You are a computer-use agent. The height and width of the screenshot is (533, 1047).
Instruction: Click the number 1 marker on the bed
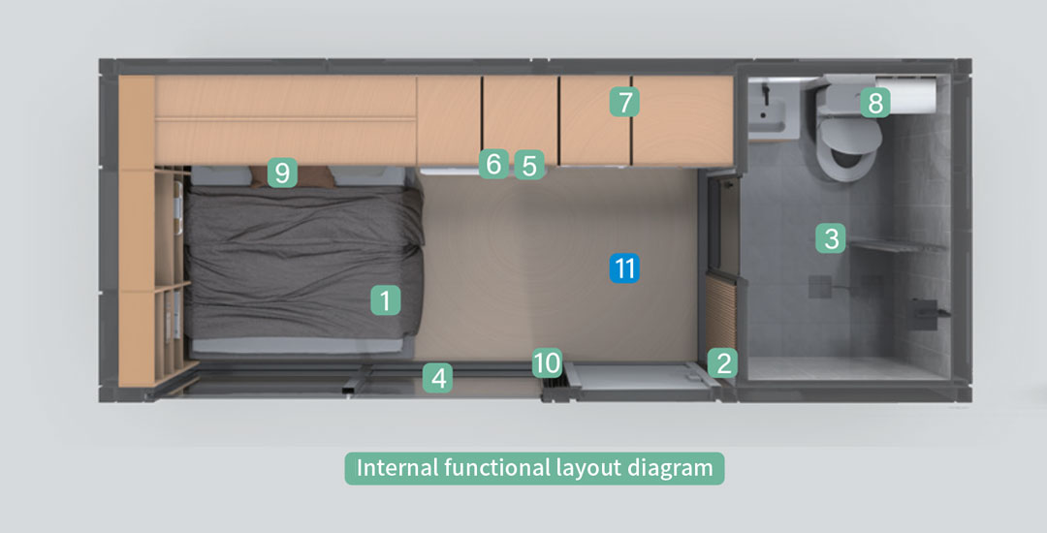click(x=386, y=300)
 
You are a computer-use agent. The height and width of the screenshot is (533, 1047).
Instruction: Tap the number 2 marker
click(x=723, y=362)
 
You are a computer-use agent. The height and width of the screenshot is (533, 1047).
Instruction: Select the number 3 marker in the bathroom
click(x=831, y=238)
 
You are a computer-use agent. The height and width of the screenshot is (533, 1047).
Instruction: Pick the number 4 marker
click(x=438, y=378)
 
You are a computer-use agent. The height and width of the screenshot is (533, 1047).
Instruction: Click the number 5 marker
click(x=529, y=165)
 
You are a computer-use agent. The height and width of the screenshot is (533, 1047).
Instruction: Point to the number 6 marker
click(x=493, y=164)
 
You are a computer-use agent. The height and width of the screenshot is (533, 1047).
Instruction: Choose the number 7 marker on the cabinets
click(x=624, y=102)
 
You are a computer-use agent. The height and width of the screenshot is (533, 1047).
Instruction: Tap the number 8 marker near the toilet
click(x=874, y=103)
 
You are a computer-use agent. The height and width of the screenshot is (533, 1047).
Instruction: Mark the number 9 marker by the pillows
click(x=282, y=172)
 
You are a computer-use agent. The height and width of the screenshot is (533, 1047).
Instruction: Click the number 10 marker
click(x=547, y=362)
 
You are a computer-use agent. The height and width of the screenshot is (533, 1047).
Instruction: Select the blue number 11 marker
click(x=624, y=268)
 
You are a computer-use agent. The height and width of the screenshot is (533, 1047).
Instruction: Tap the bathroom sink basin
click(x=772, y=110)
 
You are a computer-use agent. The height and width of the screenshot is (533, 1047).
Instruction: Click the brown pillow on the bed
click(x=292, y=176)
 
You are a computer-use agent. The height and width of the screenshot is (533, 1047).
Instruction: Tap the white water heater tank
click(x=905, y=96)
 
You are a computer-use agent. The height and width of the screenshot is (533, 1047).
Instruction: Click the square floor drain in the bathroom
click(x=820, y=286)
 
